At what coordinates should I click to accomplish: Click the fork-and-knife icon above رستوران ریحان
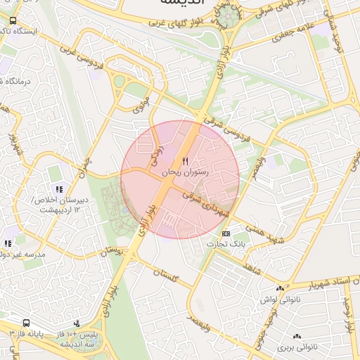[x=186, y=162]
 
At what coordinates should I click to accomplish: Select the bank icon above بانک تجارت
[x=225, y=233]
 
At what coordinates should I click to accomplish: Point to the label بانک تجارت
[x=224, y=244]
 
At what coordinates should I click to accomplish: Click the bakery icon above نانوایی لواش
[x=280, y=289]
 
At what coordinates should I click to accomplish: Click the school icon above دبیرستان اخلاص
[x=60, y=189]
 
